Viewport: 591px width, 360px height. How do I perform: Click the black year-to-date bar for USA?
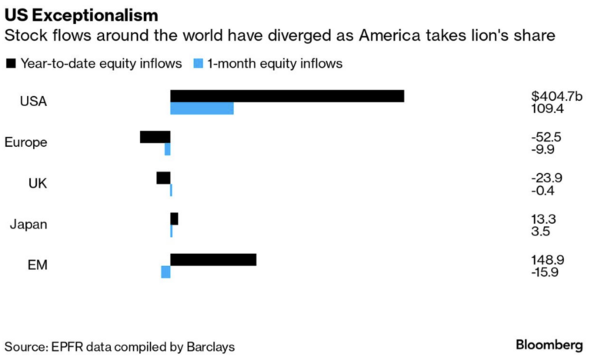[x=287, y=96]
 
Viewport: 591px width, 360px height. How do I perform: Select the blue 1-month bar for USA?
[x=202, y=109]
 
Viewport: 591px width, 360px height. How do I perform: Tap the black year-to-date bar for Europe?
[x=155, y=137]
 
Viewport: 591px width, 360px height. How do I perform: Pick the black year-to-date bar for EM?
[x=213, y=260]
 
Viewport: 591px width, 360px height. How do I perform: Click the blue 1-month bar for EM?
[x=165, y=272]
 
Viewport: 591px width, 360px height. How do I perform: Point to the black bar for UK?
[x=163, y=178]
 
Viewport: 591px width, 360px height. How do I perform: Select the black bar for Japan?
[x=174, y=218]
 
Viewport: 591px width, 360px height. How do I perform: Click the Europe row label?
[x=25, y=142]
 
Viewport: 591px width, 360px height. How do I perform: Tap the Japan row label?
[x=28, y=225]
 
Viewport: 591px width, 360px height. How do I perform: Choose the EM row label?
[x=37, y=265]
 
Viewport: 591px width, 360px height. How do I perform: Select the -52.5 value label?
[x=546, y=137]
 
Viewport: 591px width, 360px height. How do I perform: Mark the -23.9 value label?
[x=546, y=178]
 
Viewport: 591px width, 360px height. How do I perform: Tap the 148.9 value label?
[x=547, y=260]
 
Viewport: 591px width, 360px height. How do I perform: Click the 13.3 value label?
[x=544, y=218]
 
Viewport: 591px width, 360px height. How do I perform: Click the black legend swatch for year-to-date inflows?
[x=11, y=63]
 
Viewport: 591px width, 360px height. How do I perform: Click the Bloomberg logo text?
[x=549, y=344]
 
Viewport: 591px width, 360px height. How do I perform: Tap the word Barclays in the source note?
[x=210, y=347]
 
